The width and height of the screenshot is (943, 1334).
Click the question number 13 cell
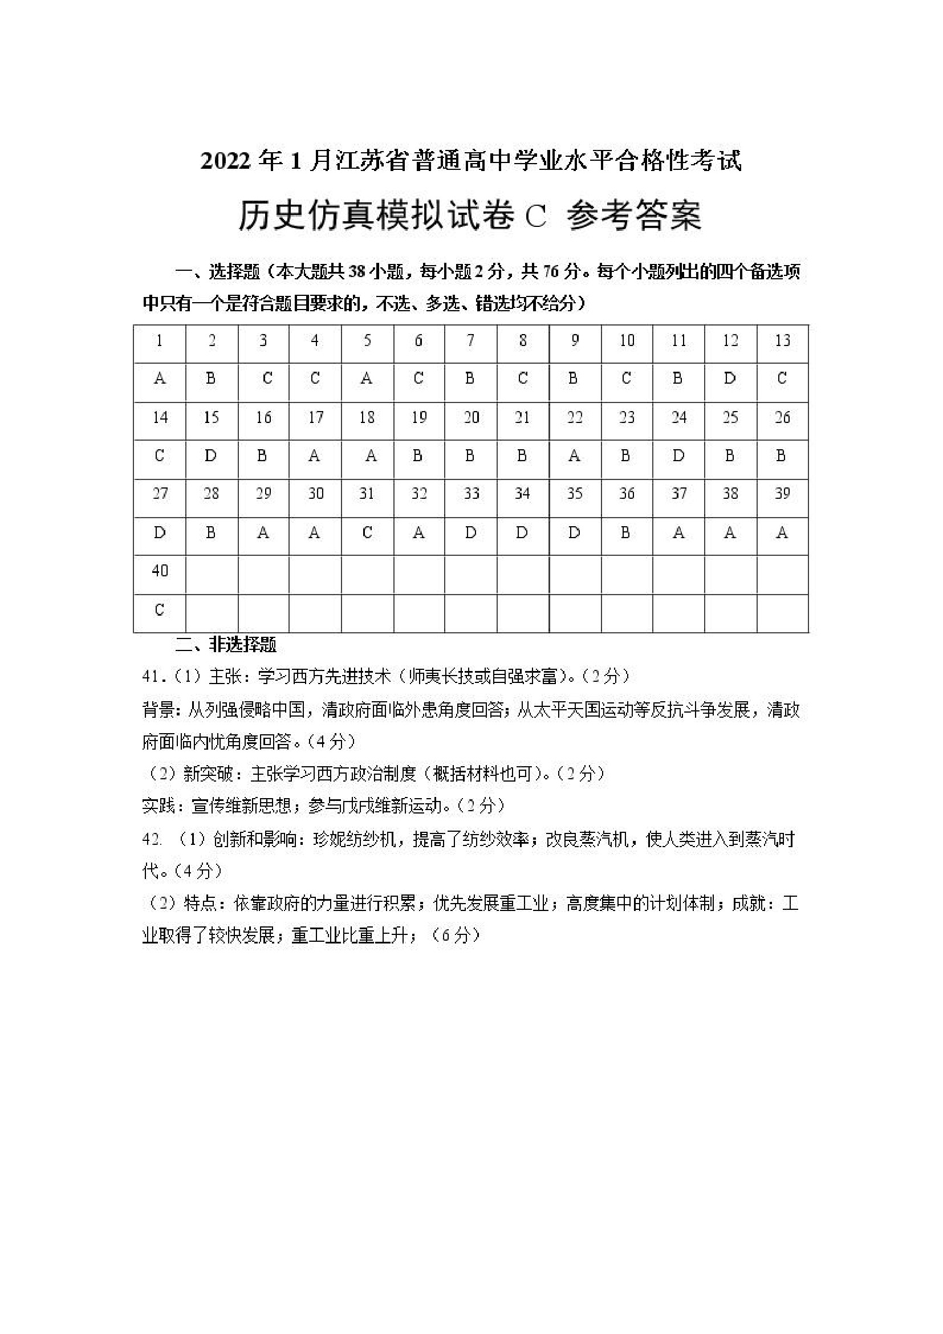782,341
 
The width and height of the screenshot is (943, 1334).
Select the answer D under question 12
730,379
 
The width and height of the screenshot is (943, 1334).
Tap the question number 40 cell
160,571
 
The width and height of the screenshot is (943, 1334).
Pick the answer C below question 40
160,609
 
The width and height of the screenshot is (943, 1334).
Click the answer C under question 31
367,533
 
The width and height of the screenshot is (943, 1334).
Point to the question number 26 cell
782,418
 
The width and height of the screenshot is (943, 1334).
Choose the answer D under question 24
678,456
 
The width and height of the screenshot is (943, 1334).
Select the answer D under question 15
210,456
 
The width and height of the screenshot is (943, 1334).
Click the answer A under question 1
160,379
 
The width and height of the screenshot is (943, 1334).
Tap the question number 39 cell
782,494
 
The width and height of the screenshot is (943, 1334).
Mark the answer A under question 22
574,456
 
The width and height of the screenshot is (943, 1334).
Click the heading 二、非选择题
226,644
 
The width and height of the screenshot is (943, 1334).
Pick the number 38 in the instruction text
357,272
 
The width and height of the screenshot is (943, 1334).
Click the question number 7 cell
470,341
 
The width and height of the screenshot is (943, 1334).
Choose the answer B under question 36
626,533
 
